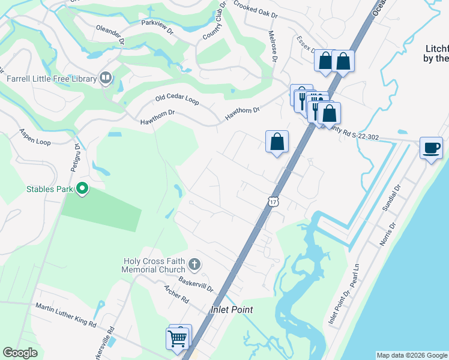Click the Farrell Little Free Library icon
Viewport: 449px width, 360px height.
click(106, 78)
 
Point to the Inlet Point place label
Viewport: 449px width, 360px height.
click(231, 310)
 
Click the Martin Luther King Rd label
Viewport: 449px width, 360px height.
click(66, 315)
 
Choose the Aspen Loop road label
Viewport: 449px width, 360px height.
click(34, 137)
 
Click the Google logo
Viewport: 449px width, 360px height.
click(20, 353)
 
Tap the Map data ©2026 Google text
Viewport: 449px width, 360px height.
click(411, 355)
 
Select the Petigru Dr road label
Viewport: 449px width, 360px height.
click(77, 158)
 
